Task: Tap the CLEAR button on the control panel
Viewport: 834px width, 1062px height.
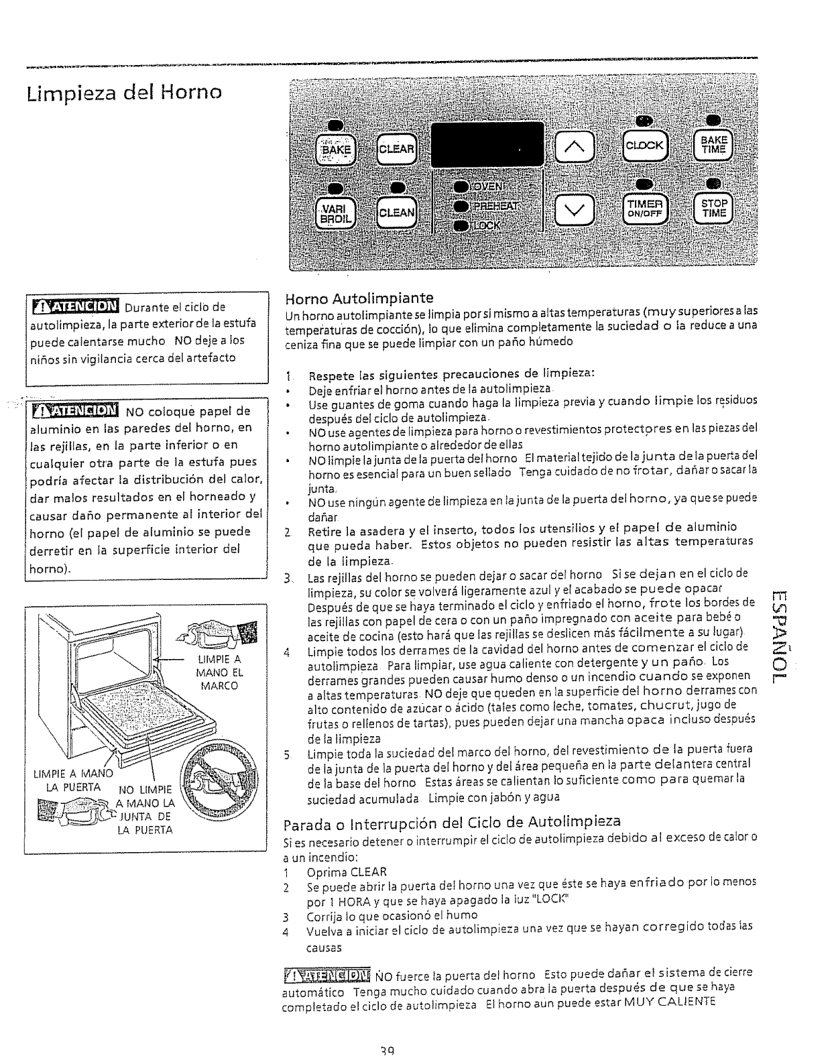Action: pos(398,149)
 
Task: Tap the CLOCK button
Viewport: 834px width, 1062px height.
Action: pos(644,145)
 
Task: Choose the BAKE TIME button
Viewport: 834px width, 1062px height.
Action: pos(713,145)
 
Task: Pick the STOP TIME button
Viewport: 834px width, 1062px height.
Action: pos(714,209)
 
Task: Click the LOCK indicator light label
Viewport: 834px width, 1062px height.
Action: pos(487,226)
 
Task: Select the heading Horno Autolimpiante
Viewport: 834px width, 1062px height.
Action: pos(359,297)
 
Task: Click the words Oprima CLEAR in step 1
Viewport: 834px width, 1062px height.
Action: pos(347,872)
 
